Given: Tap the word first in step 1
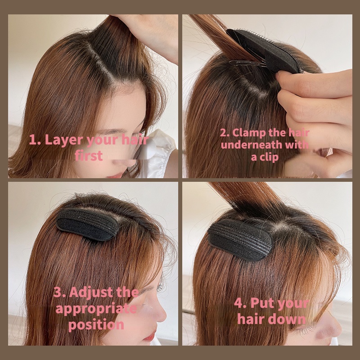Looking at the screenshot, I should tap(89, 156).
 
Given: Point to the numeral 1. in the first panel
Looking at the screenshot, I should tap(34, 139).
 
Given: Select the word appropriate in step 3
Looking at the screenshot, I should tap(96, 309).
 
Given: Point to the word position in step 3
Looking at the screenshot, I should tap(96, 325).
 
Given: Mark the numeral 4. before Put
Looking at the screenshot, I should tap(240, 303).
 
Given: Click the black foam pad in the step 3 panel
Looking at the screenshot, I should tap(88, 224).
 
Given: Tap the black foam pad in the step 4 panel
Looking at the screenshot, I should tap(241, 239).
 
